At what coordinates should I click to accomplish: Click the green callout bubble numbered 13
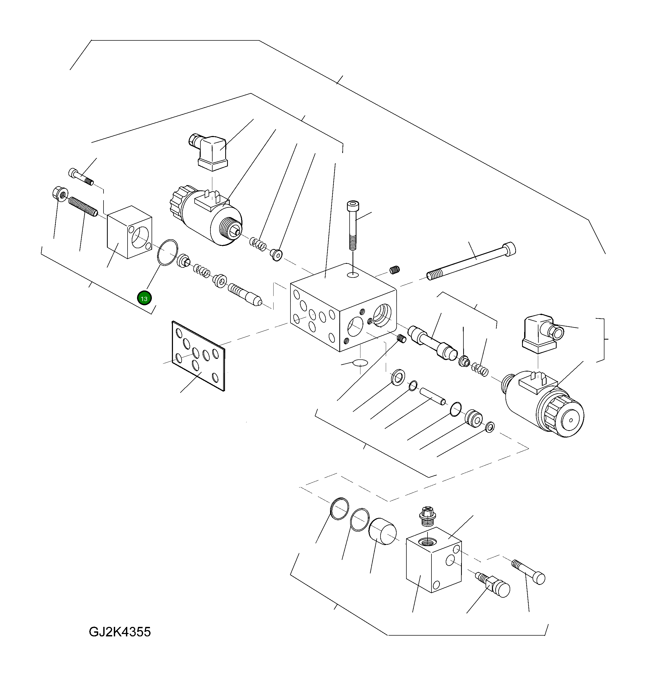(144, 299)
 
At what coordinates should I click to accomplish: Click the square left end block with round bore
(129, 232)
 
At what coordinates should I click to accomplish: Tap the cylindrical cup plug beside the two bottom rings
(382, 532)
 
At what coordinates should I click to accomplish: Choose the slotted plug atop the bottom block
(428, 516)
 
